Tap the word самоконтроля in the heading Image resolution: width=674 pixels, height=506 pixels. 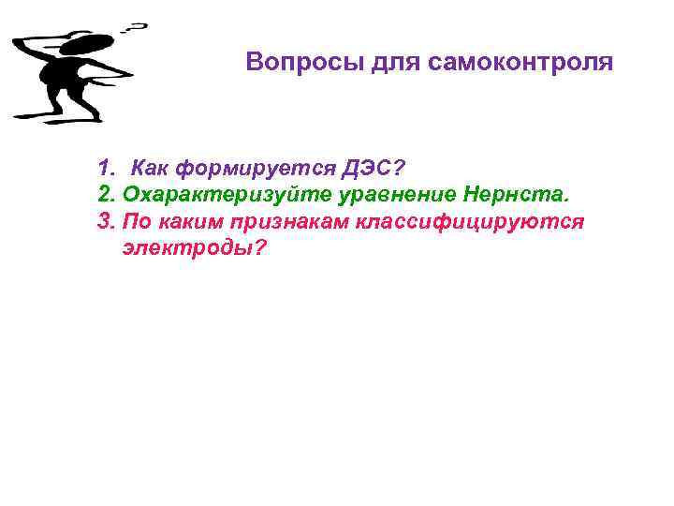tap(521, 63)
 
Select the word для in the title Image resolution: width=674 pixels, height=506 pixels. tap(394, 63)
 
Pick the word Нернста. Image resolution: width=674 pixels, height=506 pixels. tap(515, 195)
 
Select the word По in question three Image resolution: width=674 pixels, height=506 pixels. tap(137, 222)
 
